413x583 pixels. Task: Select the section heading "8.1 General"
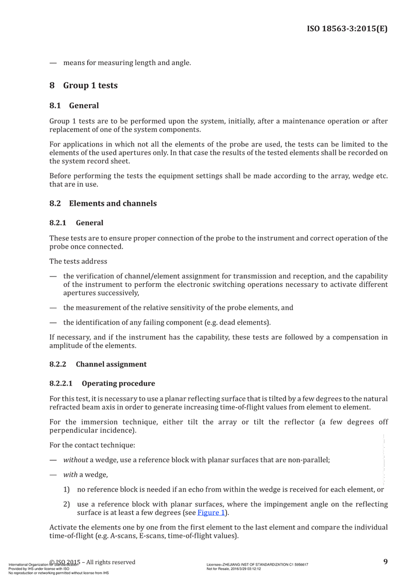pos(74,106)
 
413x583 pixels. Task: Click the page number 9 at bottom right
pos(386,561)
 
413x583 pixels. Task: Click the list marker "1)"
pos(67,489)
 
